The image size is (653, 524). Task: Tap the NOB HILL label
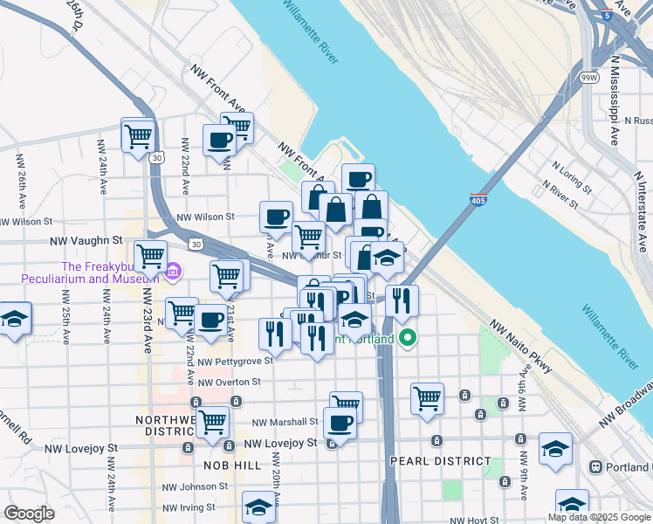pos(232,465)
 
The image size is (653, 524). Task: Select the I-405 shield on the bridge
pos(478,200)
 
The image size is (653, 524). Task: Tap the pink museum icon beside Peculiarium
pos(173,272)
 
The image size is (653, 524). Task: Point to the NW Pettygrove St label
pos(229,362)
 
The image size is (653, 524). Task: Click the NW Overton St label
pos(229,382)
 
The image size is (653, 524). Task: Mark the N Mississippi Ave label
pos(615,97)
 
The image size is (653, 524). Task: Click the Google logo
pos(29,513)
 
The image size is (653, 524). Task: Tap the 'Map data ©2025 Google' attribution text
pos(598,517)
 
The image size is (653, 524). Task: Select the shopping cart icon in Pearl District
pos(427,398)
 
